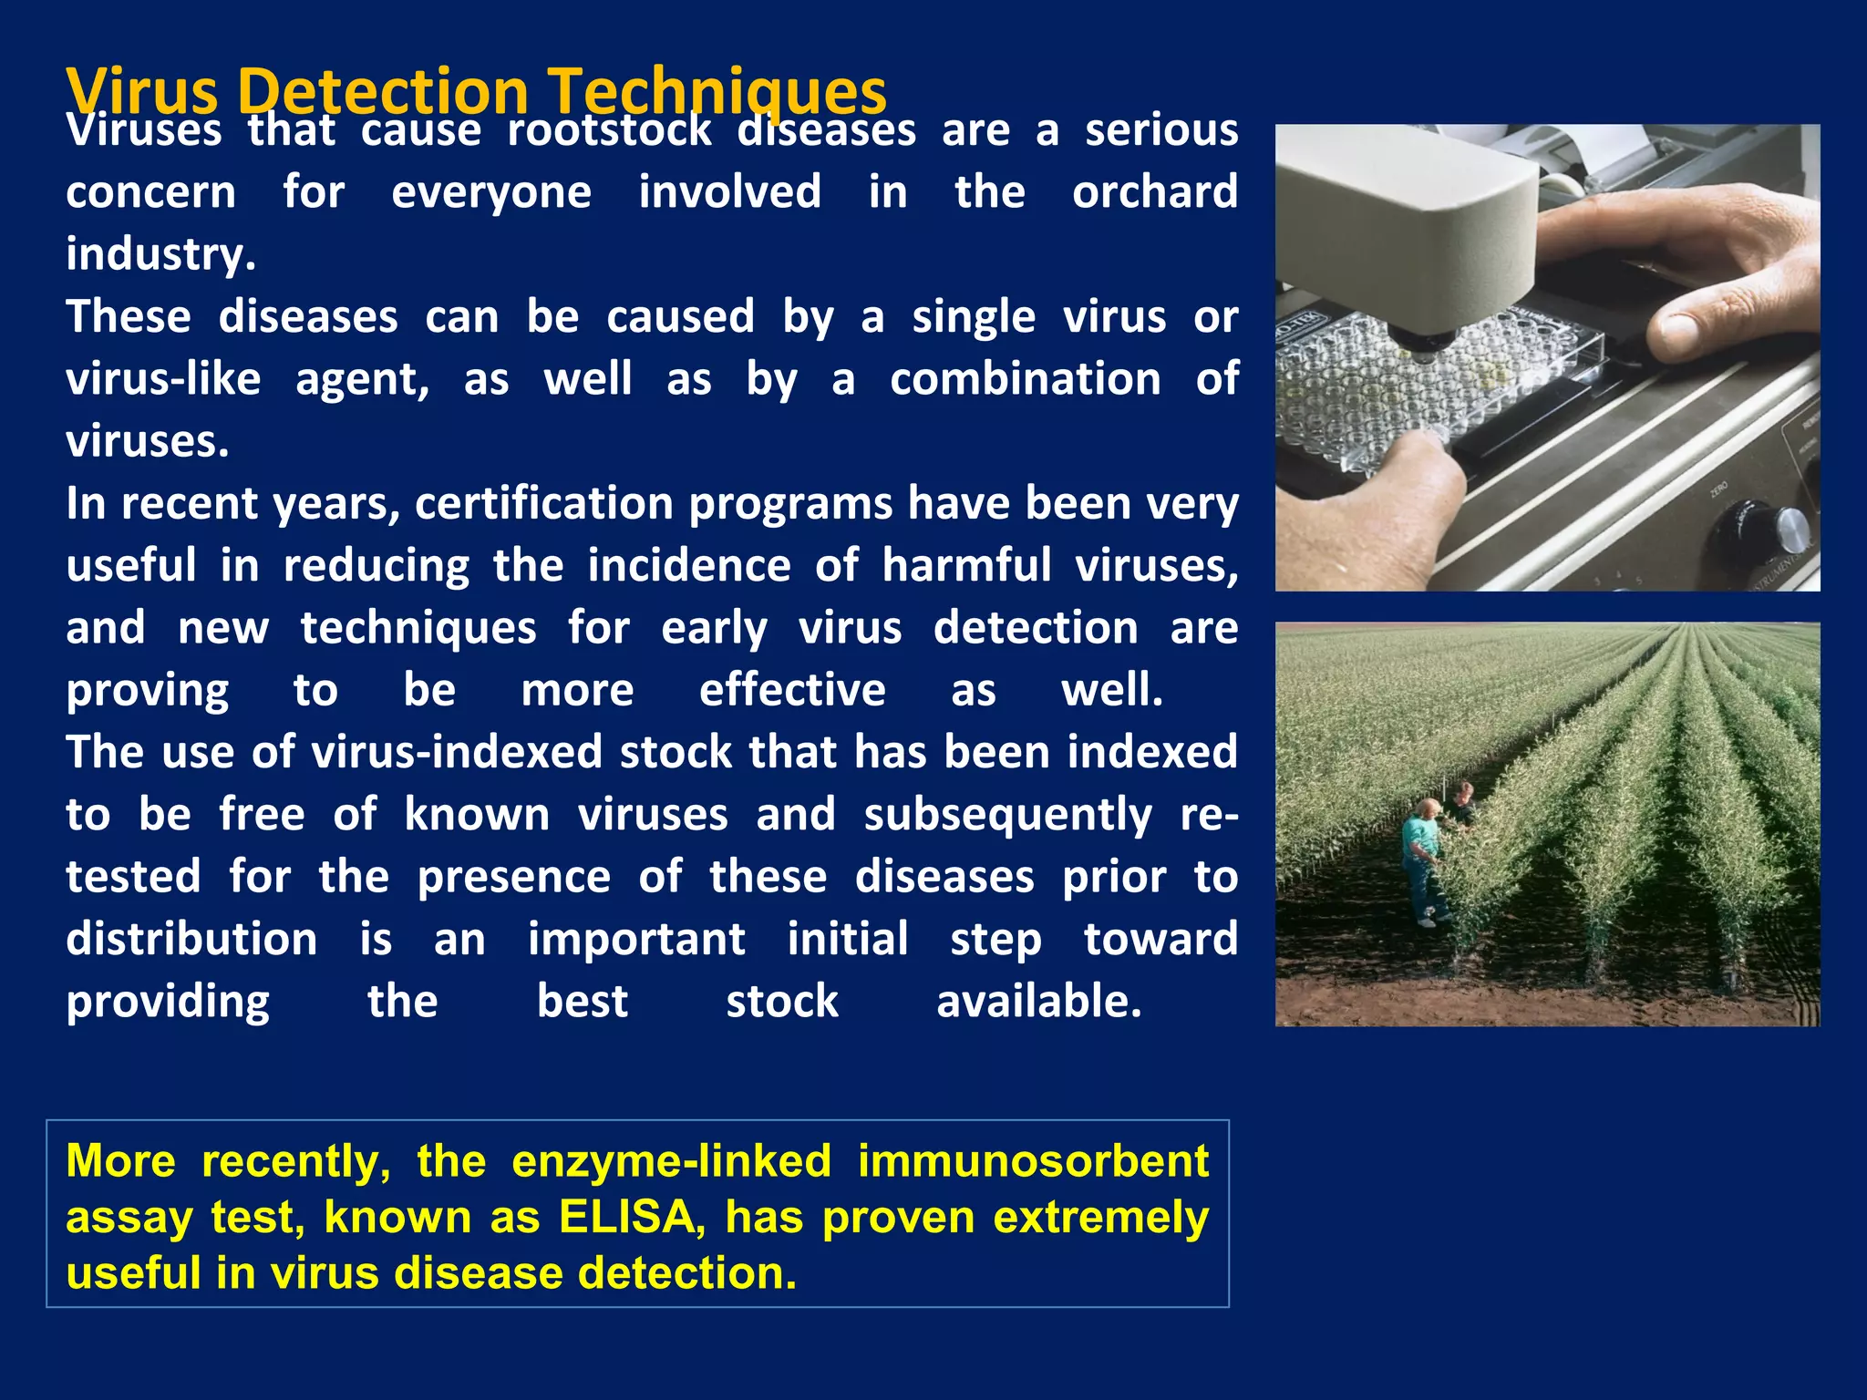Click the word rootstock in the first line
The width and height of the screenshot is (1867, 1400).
[609, 130]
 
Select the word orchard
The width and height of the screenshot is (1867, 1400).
[1154, 192]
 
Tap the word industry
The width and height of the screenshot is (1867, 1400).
[160, 254]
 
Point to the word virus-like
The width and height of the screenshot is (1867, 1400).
[163, 379]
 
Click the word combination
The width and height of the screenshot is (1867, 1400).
[1025, 379]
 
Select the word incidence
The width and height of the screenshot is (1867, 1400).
[688, 566]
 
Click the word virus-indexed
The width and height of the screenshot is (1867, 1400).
[457, 753]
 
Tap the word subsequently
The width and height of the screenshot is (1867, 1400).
[1007, 815]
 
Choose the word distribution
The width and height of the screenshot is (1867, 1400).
[191, 940]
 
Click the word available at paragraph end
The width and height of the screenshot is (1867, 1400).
[1038, 1002]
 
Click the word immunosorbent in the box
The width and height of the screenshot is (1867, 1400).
[1033, 1162]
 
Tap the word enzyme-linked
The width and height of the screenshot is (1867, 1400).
[671, 1162]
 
